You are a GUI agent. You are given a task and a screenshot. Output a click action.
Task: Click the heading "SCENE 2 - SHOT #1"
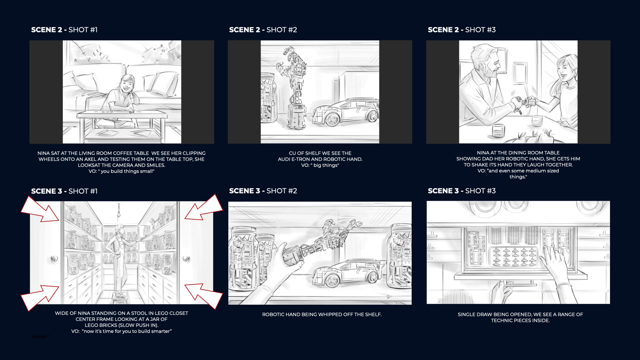64,30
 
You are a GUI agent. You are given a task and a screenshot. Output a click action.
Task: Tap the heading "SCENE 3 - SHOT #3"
462,191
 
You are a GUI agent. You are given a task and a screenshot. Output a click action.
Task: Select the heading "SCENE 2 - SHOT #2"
263,30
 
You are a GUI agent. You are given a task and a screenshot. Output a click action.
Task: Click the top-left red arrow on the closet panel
40,209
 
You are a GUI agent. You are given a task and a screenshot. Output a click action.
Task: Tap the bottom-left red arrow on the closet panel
40,298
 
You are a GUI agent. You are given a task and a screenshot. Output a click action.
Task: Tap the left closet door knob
54,259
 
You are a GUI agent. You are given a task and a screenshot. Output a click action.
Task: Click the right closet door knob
186,259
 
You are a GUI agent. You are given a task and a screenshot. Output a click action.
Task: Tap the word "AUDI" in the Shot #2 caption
284,159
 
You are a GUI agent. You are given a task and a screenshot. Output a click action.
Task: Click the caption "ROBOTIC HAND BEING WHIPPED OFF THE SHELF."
322,314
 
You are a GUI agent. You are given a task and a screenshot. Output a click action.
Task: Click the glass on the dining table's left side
498,131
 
